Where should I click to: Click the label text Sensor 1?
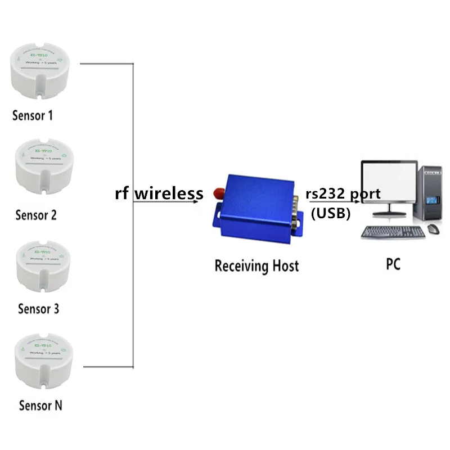pyautogui.click(x=33, y=116)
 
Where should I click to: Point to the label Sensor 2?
pyautogui.click(x=36, y=215)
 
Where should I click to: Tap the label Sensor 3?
pyautogui.click(x=38, y=309)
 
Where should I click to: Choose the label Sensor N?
pyautogui.click(x=40, y=405)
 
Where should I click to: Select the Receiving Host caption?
pyautogui.click(x=256, y=265)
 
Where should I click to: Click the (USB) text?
pyautogui.click(x=331, y=213)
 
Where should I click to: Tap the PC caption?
pyautogui.click(x=393, y=264)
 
